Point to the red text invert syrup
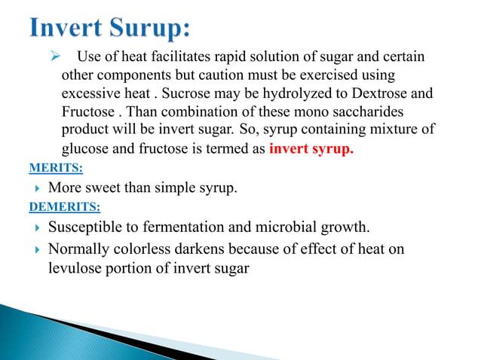(311, 148)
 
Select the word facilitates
(164, 58)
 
